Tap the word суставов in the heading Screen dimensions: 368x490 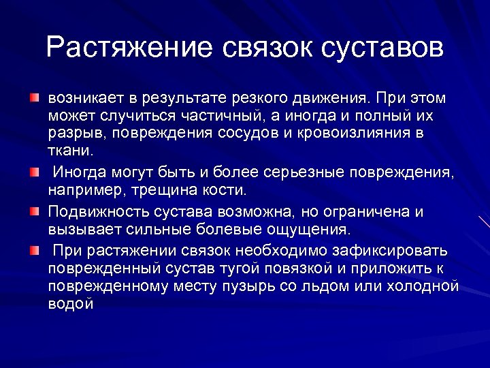[381, 47]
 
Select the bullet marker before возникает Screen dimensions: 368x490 [34, 99]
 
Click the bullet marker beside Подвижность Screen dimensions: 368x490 [34, 212]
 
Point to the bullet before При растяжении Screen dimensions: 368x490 [34, 250]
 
